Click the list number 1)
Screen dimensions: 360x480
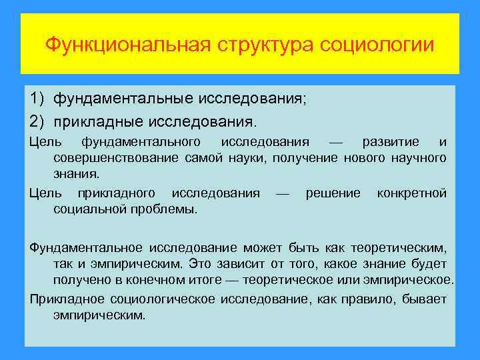coord(37,99)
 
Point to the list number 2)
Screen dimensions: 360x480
coord(37,122)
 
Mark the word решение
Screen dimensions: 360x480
coord(333,193)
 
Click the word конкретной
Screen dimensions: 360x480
coord(411,193)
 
